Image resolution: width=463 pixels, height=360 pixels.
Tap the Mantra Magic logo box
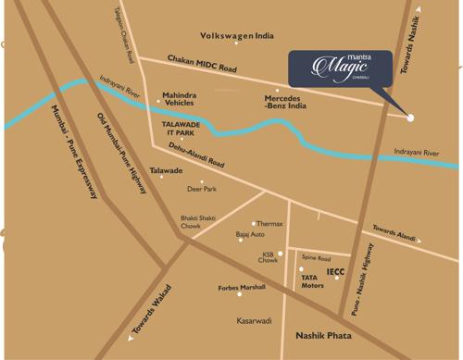click(339, 68)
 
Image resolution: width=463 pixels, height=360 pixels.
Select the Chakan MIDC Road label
click(203, 65)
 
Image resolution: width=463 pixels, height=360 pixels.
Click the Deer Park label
click(201, 189)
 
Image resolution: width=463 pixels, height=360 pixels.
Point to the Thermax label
click(269, 223)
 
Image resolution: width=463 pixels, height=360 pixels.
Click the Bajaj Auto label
click(250, 235)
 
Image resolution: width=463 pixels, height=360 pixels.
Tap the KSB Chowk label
click(269, 257)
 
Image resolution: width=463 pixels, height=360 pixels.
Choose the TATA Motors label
click(312, 281)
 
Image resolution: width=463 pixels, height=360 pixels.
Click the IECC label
click(334, 272)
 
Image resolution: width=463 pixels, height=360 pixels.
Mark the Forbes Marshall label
click(241, 287)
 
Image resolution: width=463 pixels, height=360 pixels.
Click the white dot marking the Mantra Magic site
click(410, 118)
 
